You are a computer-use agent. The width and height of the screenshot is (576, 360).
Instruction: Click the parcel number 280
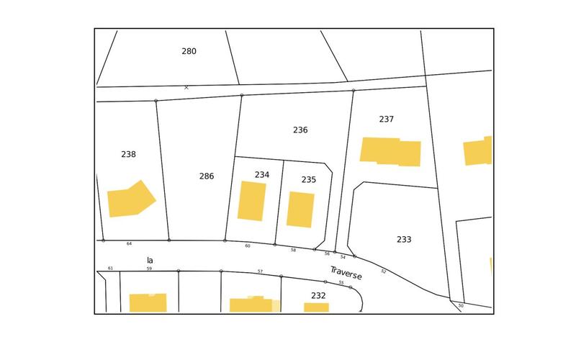[x=189, y=51]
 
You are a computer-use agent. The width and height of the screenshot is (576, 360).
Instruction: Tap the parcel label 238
[x=129, y=154]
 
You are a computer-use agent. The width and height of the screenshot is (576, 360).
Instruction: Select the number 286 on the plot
[x=207, y=176]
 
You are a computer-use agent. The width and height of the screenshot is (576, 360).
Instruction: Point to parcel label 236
[x=300, y=130]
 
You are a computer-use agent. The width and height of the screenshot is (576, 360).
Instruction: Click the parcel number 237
[x=387, y=119]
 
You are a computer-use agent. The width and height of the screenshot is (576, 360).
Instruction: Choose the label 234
[x=262, y=174]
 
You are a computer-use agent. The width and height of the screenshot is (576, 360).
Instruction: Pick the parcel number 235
[x=309, y=179]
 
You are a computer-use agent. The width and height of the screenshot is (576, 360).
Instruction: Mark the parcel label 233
[x=404, y=239]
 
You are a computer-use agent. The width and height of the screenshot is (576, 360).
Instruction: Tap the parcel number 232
[x=318, y=295]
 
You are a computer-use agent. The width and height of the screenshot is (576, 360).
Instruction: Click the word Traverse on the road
[x=346, y=274]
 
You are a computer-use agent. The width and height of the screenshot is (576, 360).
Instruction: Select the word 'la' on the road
[x=150, y=260]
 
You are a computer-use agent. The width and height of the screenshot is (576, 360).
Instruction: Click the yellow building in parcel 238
[x=130, y=199]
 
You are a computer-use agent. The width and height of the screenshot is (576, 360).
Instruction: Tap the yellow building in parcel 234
[x=252, y=201]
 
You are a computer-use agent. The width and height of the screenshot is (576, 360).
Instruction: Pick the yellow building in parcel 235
[x=300, y=210]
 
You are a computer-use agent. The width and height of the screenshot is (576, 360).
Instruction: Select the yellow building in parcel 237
[x=390, y=151]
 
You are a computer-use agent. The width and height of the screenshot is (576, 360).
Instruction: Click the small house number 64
[x=130, y=243]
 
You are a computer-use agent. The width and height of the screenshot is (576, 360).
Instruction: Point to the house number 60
[x=248, y=246]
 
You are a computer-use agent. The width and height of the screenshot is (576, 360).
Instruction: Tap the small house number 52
[x=384, y=271]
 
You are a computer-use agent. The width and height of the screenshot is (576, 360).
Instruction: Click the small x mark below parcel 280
[x=186, y=87]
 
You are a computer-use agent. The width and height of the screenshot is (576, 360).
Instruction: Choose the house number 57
[x=260, y=271]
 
